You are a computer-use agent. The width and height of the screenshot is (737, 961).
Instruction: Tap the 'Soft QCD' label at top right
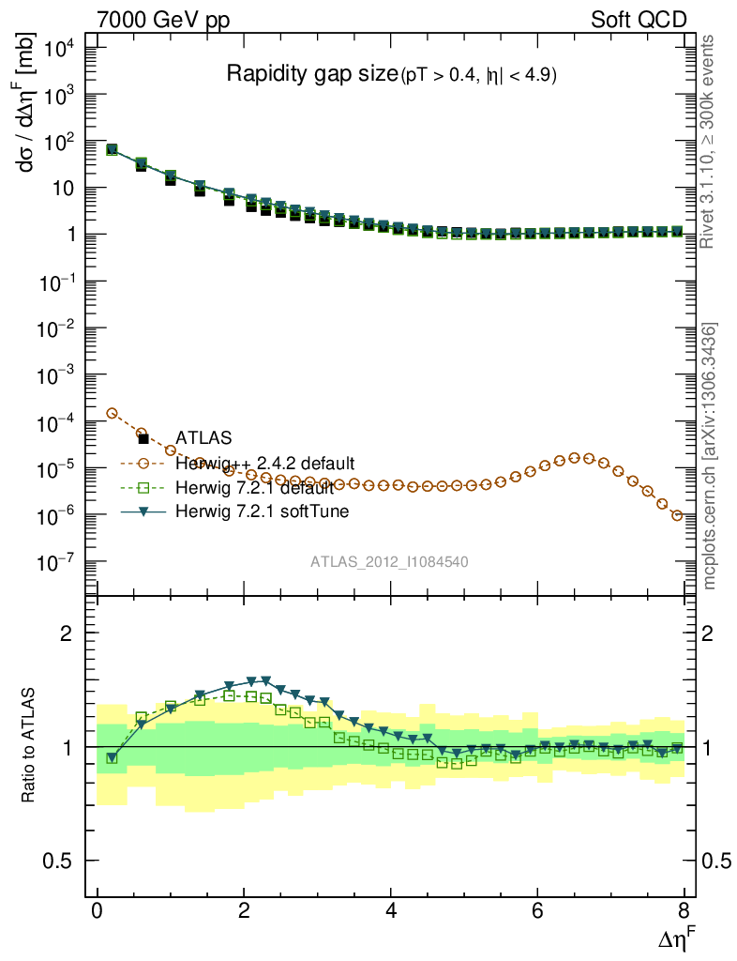click(x=638, y=20)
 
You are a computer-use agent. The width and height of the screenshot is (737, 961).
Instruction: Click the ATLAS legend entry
click(x=204, y=437)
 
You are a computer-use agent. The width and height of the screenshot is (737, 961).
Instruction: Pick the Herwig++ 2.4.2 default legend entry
click(x=263, y=464)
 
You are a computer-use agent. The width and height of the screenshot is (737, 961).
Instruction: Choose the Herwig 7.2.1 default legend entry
click(x=254, y=488)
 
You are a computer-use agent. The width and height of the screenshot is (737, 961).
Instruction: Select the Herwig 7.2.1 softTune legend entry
click(x=260, y=512)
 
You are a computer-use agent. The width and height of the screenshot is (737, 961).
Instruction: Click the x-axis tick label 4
click(x=391, y=911)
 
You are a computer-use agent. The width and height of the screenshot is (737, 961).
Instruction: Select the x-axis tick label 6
click(x=538, y=911)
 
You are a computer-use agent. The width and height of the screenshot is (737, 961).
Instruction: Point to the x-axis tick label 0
click(x=97, y=911)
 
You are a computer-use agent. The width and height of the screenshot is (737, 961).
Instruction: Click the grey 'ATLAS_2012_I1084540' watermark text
click(x=390, y=562)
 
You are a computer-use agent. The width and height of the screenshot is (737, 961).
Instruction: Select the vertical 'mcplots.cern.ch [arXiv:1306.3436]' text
click(x=711, y=457)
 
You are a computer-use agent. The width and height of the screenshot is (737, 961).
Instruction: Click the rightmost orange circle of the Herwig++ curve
click(x=677, y=515)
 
